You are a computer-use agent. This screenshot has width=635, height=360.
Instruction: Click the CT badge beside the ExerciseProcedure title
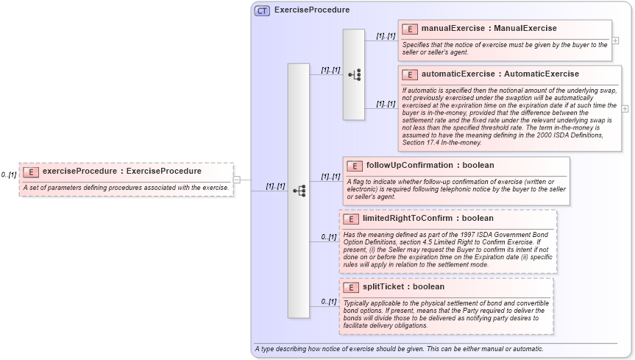(262, 10)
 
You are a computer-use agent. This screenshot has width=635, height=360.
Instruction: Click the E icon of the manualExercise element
(410, 29)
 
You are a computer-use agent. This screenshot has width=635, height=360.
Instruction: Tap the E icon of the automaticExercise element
(410, 74)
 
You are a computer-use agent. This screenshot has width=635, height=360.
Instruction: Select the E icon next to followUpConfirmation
(355, 166)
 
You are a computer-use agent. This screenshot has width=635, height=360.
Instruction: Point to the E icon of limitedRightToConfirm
(351, 219)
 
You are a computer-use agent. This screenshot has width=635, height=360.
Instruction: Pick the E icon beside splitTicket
(351, 286)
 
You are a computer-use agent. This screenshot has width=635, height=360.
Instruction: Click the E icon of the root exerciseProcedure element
(31, 172)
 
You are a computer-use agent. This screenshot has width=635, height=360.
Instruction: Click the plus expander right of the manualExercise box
(615, 40)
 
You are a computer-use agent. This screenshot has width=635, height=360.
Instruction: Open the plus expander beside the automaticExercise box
(625, 108)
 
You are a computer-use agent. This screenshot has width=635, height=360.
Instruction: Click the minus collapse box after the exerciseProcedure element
(237, 179)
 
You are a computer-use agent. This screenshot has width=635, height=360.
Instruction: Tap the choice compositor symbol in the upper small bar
(354, 74)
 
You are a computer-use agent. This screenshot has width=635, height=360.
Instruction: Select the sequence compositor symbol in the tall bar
(299, 191)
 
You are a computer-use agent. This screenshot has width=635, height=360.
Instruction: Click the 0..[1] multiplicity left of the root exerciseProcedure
(9, 174)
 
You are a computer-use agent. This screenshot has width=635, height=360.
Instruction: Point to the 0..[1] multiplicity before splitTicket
(328, 301)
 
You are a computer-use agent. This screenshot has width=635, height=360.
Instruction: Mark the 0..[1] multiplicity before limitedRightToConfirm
(328, 236)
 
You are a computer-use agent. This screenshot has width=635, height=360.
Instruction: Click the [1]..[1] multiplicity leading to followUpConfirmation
(330, 177)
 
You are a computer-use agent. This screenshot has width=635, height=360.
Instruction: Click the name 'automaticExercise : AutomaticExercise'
(500, 74)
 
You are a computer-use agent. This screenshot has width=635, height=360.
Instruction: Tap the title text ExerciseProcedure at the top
(312, 10)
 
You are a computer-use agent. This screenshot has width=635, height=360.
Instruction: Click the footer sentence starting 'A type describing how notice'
(399, 348)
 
